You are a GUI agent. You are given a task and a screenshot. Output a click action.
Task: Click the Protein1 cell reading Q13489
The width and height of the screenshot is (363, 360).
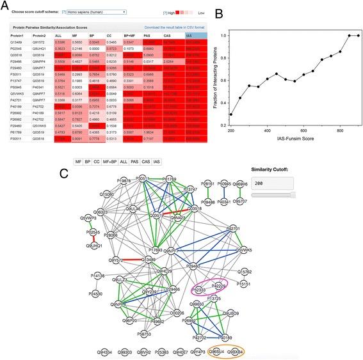point(20,42)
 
